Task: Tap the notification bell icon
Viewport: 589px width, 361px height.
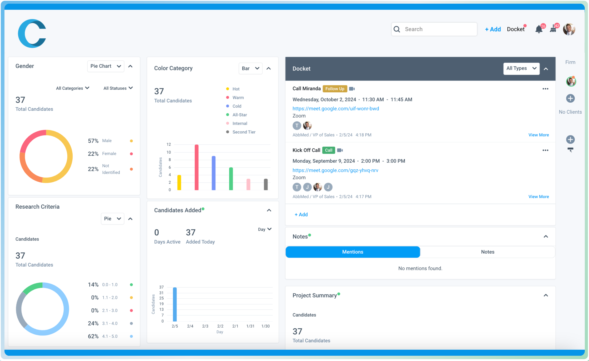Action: point(539,29)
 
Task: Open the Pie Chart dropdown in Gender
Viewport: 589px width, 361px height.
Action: point(105,66)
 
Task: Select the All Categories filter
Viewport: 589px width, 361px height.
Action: point(73,88)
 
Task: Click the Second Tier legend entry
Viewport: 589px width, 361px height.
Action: point(244,132)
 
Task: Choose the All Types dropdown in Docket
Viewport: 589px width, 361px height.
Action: point(521,68)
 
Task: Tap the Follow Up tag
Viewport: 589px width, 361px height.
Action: point(335,89)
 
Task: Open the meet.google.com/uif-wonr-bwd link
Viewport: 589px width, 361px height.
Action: point(336,109)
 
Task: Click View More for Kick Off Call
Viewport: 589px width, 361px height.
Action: point(538,197)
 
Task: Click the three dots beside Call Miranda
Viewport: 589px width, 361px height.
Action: point(545,89)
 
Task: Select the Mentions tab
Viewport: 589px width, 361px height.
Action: point(353,252)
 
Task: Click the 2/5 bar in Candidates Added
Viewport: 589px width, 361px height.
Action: point(175,304)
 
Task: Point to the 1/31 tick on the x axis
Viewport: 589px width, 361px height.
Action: point(250,326)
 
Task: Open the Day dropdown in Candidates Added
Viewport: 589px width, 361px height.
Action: point(265,229)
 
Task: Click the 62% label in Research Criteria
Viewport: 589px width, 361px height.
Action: point(93,336)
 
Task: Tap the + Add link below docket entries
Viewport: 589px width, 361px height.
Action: point(301,214)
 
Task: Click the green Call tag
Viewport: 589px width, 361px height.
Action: point(329,150)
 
